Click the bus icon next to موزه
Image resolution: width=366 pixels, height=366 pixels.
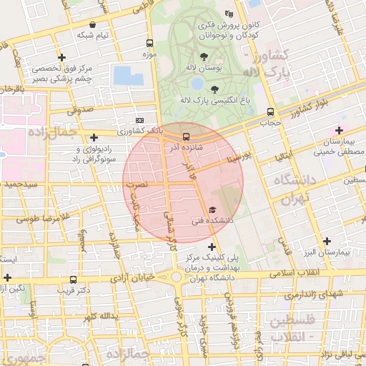[x=149, y=42]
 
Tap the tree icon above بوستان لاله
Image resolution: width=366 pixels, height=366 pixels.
[x=204, y=54]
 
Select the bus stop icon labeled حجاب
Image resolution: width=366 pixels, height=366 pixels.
[x=270, y=112]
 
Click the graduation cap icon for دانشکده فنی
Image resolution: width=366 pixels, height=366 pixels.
[x=212, y=209]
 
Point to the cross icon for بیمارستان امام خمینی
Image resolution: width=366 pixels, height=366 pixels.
[x=339, y=130]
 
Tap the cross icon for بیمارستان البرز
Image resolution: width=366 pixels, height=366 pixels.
[x=327, y=241]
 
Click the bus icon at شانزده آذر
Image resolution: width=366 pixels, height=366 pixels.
[x=186, y=136]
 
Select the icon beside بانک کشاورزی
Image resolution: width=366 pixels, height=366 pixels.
[x=139, y=121]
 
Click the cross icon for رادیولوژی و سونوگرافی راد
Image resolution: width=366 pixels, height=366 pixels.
[x=94, y=137]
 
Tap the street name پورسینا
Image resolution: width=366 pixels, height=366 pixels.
[x=236, y=157]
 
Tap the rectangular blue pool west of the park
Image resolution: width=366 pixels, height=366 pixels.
[x=123, y=75]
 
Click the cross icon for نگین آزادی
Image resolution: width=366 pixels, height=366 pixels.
[x=7, y=277]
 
